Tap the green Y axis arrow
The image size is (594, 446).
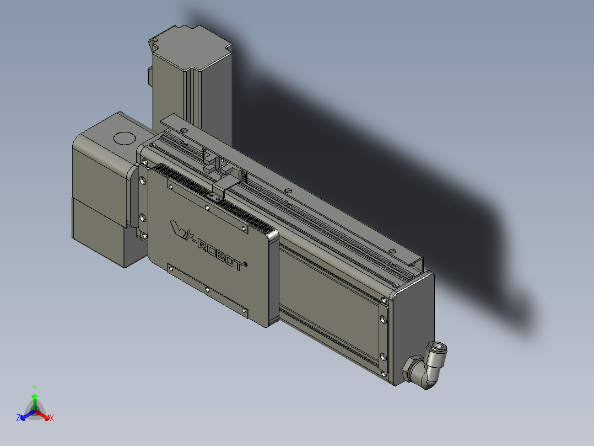pos(35,402)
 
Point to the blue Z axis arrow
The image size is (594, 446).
pos(28,415)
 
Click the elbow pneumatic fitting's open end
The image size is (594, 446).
pos(437,347)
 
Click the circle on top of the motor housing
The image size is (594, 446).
pos(124,139)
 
